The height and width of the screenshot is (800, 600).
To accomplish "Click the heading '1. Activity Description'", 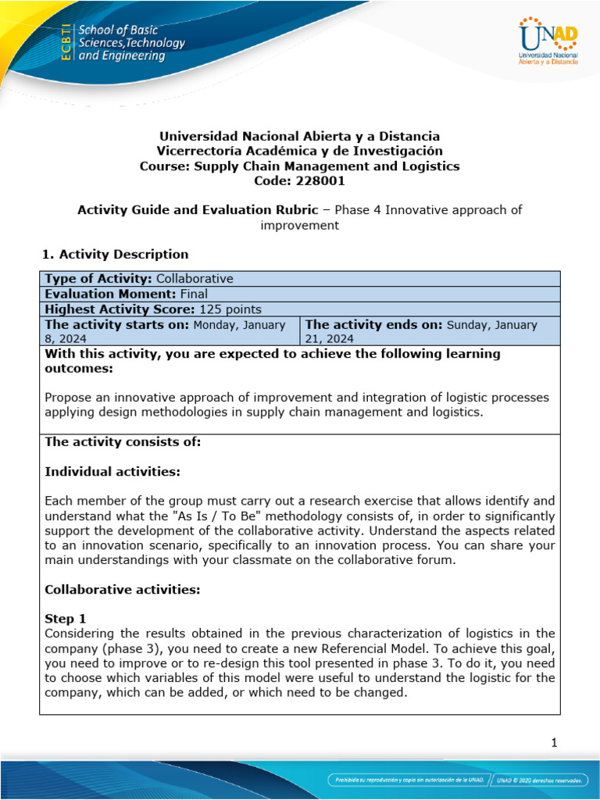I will [x=114, y=254].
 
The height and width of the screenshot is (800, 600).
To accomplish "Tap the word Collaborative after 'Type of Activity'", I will [x=195, y=279].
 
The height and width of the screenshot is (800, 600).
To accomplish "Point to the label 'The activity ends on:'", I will [x=374, y=324].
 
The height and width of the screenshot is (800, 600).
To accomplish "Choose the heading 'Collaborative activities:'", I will [x=123, y=589].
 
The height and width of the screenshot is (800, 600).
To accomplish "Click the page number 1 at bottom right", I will [x=554, y=743].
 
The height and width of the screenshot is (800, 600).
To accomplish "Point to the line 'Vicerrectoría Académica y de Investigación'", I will [x=300, y=151].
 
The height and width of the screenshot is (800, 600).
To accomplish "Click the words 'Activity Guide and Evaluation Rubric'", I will [x=198, y=209].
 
